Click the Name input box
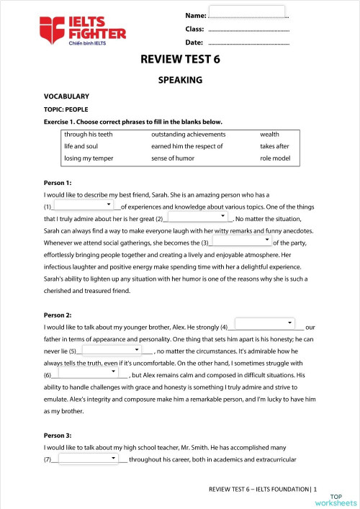(x=246, y=12)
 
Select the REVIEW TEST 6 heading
(x=180, y=62)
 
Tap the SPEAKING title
(x=180, y=81)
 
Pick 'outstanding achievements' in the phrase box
(x=189, y=135)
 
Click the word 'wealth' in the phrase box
(x=269, y=135)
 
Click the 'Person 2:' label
(x=58, y=315)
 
